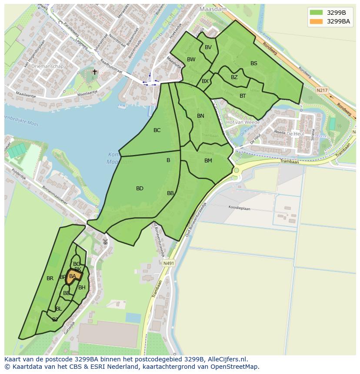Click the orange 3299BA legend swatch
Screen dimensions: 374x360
pyautogui.click(x=317, y=21)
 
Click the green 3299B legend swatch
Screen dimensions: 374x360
pyautogui.click(x=317, y=13)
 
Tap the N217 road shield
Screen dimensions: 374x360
pyautogui.click(x=322, y=90)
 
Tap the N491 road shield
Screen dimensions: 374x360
pyautogui.click(x=169, y=263)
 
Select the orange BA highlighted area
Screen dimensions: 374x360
pyautogui.click(x=74, y=276)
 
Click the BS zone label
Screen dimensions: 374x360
pyautogui.click(x=254, y=63)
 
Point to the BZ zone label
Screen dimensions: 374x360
pyautogui.click(x=234, y=77)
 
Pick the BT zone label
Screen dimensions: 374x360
pyautogui.click(x=243, y=96)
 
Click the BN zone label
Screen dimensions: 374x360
pyautogui.click(x=200, y=116)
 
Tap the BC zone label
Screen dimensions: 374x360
pyautogui.click(x=157, y=130)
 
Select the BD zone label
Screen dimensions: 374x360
pyautogui.click(x=140, y=189)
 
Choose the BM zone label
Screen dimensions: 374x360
pyautogui.click(x=208, y=161)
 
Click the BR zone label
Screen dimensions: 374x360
pyautogui.click(x=50, y=278)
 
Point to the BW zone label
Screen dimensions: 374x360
pyautogui.click(x=191, y=60)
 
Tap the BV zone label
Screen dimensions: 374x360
pyautogui.click(x=208, y=47)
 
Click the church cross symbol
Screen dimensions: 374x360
pyautogui.click(x=95, y=72)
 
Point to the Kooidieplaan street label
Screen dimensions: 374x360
pyautogui.click(x=240, y=208)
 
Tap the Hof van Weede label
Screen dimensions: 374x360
pyautogui.click(x=243, y=122)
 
